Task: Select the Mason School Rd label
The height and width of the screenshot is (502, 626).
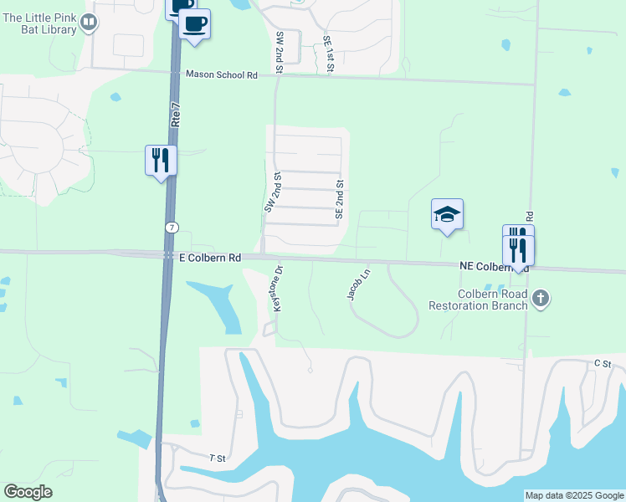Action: pyautogui.click(x=221, y=75)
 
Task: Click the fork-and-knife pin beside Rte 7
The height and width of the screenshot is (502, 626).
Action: pyautogui.click(x=161, y=159)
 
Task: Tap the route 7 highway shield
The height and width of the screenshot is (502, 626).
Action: pyautogui.click(x=171, y=228)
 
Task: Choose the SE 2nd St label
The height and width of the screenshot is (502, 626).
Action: pyautogui.click(x=340, y=199)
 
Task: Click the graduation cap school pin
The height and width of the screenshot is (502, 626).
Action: pyautogui.click(x=447, y=215)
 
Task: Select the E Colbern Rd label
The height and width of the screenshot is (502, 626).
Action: pyautogui.click(x=210, y=259)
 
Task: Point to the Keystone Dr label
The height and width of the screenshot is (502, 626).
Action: pyautogui.click(x=277, y=290)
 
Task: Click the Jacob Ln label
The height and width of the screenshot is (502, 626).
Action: pyautogui.click(x=357, y=284)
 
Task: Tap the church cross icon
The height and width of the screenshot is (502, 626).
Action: pyautogui.click(x=541, y=299)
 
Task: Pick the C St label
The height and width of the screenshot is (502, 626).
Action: pyautogui.click(x=603, y=363)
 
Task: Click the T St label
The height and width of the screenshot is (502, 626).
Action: pyautogui.click(x=218, y=458)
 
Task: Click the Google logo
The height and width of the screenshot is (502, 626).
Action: pyautogui.click(x=28, y=493)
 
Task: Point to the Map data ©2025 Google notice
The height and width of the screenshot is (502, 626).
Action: pyautogui.click(x=573, y=495)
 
